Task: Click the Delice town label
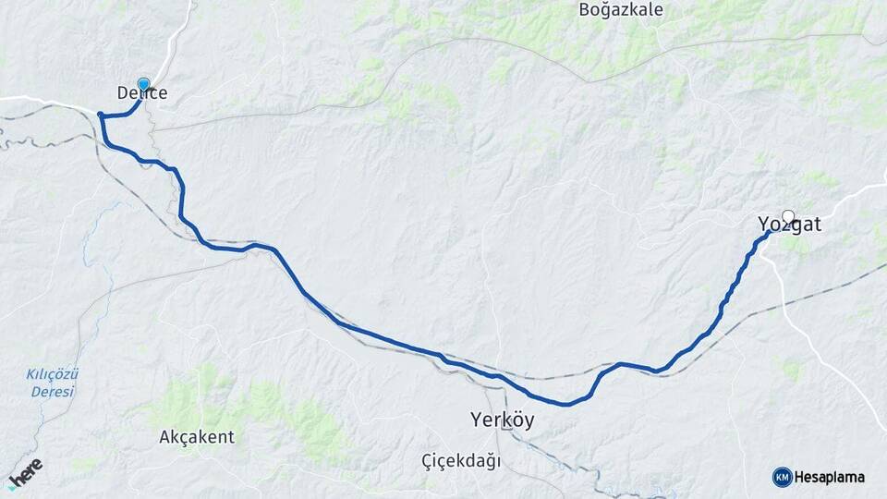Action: click(x=142, y=93)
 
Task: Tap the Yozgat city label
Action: click(x=789, y=225)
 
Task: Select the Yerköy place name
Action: click(x=503, y=420)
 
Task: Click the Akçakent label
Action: click(x=197, y=437)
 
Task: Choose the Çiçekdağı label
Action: click(x=460, y=460)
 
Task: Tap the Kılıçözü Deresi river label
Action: click(x=52, y=383)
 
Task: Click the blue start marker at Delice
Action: click(x=143, y=83)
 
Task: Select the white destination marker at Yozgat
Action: click(x=788, y=216)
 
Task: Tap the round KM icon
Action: click(x=782, y=477)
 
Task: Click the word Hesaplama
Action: click(x=830, y=478)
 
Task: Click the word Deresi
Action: click(x=52, y=392)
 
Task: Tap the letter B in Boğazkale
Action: click(x=584, y=10)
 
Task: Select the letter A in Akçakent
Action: click(x=165, y=437)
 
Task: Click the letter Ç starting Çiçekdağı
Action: click(x=427, y=460)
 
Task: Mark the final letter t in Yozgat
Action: click(x=817, y=225)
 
